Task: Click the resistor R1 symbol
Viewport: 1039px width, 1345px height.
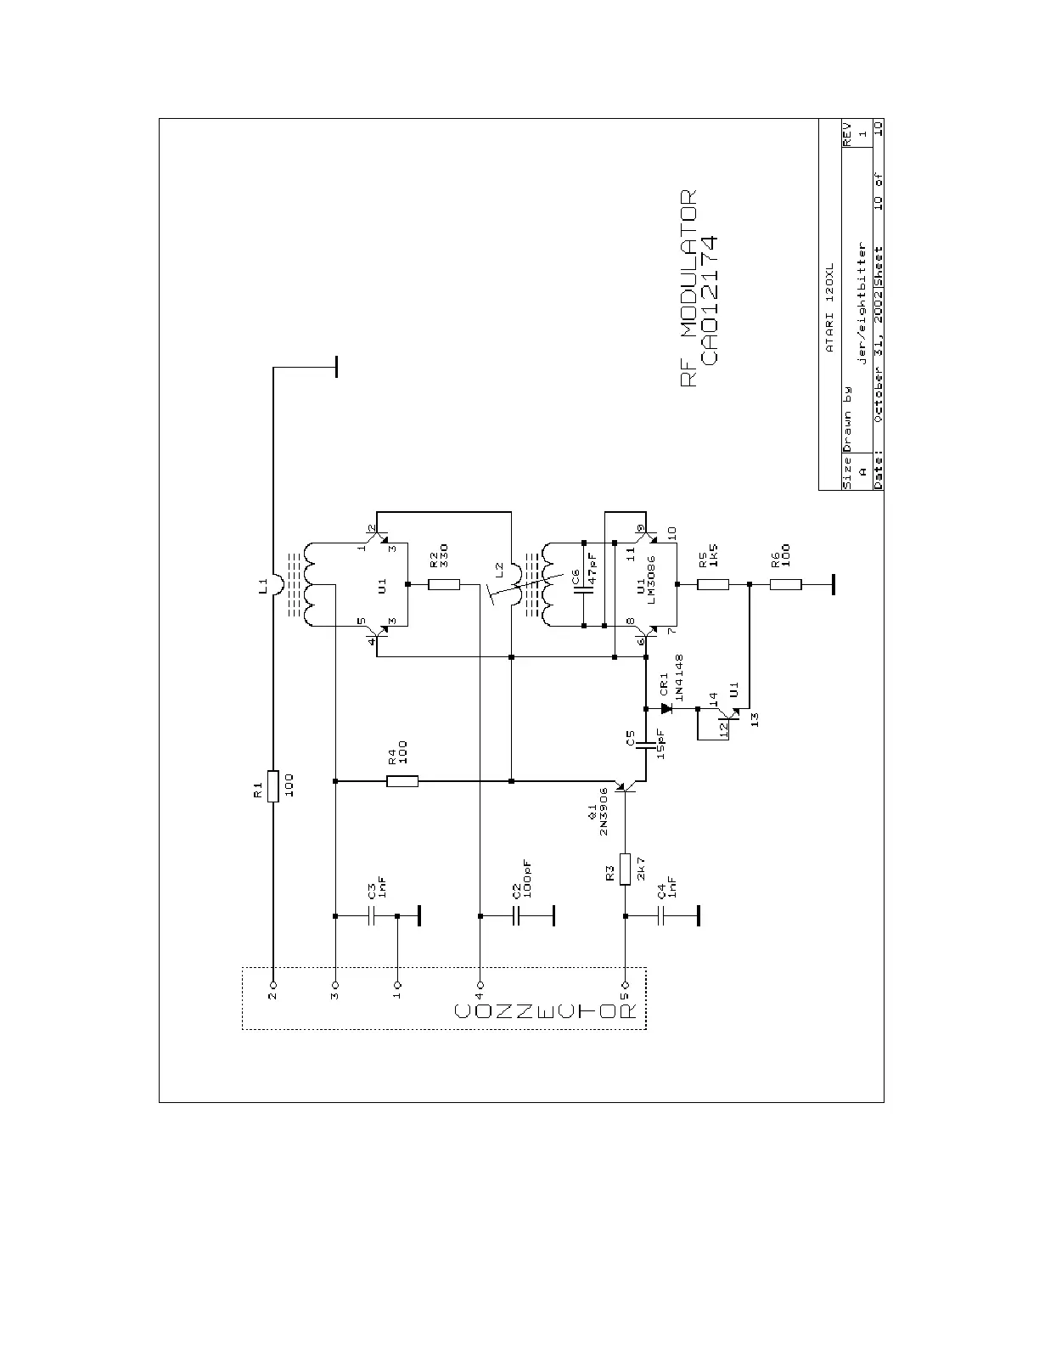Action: [273, 785]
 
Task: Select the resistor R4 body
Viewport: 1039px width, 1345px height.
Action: [402, 781]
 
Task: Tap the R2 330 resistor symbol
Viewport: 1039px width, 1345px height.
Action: [444, 584]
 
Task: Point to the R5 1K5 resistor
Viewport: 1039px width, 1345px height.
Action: [714, 584]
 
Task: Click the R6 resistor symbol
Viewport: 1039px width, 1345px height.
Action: [786, 584]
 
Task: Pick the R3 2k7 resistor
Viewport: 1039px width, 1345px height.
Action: [626, 868]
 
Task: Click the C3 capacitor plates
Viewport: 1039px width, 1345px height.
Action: [371, 916]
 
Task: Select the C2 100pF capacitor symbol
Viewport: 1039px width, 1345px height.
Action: [515, 916]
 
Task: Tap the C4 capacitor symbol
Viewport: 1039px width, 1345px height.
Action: [660, 916]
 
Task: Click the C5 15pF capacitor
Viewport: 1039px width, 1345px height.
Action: [646, 744]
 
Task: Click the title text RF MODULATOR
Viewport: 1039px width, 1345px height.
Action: [688, 289]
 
